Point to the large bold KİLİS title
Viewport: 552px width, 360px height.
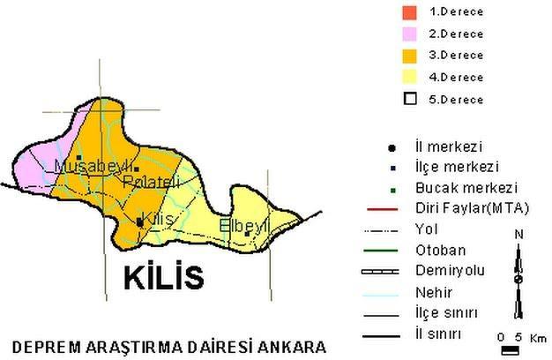[163, 276]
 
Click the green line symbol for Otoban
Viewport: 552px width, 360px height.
[384, 251]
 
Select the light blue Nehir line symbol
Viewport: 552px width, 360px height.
[384, 292]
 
